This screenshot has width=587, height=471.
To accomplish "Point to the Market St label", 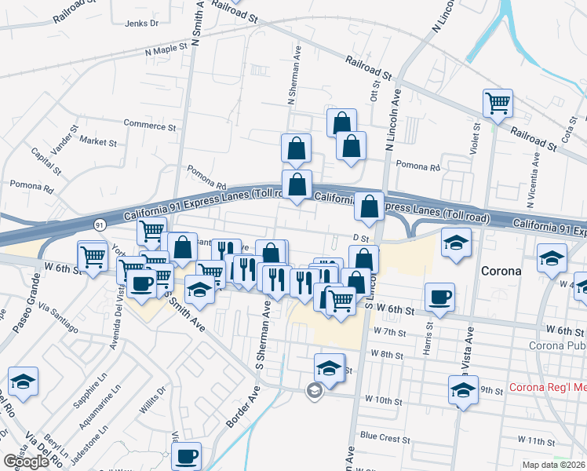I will pyautogui.click(x=98, y=143).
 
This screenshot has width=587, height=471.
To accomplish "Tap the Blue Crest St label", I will pyautogui.click(x=385, y=435).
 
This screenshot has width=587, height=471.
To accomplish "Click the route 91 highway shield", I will pyautogui.click(x=99, y=225).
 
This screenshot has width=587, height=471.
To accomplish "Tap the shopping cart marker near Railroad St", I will pyautogui.click(x=498, y=103).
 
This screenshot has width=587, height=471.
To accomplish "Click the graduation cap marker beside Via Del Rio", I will pyautogui.click(x=24, y=382).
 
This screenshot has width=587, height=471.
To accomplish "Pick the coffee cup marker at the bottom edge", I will pyautogui.click(x=186, y=455).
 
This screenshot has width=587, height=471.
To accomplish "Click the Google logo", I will pyautogui.click(x=25, y=461).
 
